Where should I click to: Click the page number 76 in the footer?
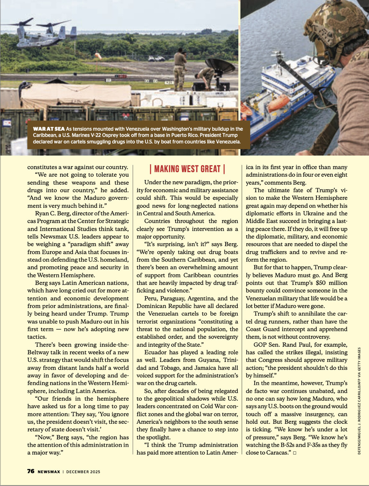click(x=31, y=471)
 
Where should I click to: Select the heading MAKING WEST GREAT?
click(x=187, y=169)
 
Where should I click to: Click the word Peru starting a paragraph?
click(x=151, y=298)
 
